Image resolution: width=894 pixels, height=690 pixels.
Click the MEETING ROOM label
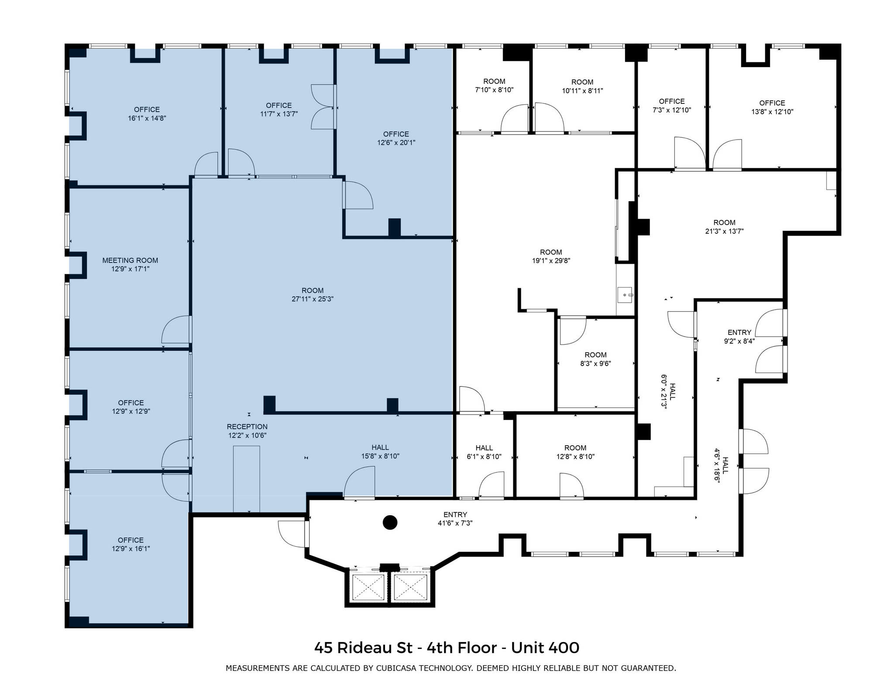(x=130, y=260)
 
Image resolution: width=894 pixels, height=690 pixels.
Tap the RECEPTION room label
(x=247, y=427)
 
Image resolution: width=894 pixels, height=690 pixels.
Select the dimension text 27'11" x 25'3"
(x=313, y=299)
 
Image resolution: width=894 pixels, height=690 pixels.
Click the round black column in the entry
(x=389, y=522)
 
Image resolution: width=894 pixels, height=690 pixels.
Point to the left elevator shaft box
(x=368, y=587)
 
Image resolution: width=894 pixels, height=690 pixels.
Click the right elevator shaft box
(x=410, y=587)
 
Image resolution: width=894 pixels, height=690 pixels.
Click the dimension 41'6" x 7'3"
(x=455, y=523)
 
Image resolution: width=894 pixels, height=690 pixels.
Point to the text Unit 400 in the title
(x=545, y=648)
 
